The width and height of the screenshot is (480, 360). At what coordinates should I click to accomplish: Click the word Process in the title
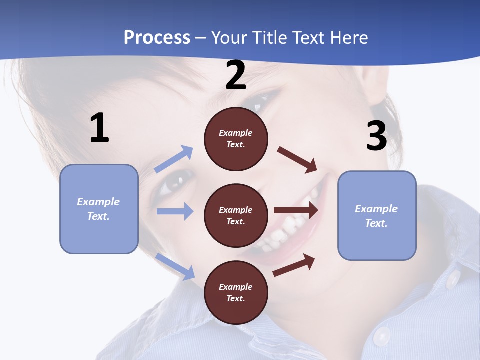[157, 38]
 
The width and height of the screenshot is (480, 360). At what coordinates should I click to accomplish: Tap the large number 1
[99, 128]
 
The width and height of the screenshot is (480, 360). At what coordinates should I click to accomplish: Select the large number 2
[236, 76]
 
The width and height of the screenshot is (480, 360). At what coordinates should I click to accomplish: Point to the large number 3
[376, 136]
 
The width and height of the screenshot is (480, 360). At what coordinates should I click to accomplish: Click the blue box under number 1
[99, 209]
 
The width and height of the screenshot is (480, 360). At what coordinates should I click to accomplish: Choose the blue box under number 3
[377, 215]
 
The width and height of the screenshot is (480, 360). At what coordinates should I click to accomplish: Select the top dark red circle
[236, 139]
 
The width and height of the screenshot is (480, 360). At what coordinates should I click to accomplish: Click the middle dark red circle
[236, 215]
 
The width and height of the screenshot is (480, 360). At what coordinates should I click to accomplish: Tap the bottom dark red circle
[236, 292]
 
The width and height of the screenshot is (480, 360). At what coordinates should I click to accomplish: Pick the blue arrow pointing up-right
[174, 159]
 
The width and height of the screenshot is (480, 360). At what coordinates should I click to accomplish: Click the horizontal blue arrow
[174, 211]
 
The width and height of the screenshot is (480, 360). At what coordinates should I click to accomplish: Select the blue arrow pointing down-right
[175, 266]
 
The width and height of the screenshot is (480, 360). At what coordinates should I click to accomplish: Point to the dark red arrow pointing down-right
[297, 160]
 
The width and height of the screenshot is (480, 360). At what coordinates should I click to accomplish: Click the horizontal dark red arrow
[296, 210]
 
